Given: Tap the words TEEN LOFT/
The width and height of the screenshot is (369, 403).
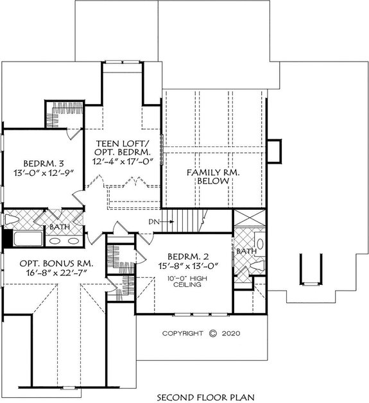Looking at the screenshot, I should pos(122,142).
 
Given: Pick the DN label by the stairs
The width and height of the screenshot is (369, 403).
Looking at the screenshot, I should pos(154,221).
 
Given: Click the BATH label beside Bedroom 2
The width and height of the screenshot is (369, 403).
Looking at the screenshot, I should pos(246,252).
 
